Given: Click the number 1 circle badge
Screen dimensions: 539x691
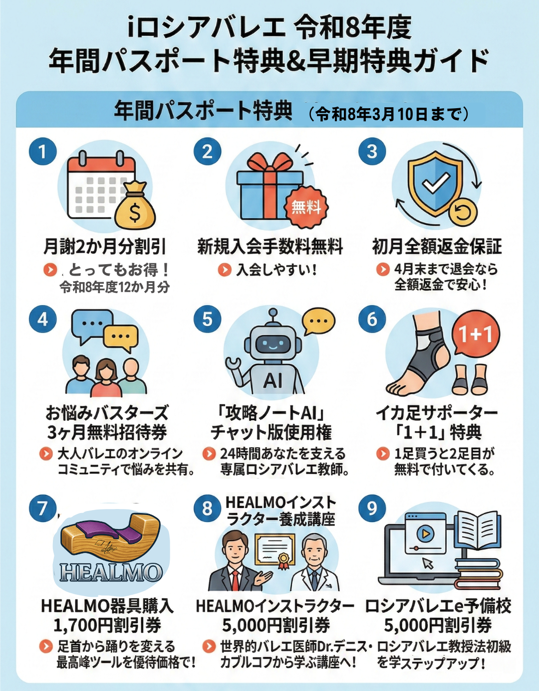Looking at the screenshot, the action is point(42,152).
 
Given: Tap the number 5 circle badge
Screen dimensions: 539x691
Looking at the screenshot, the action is point(208,319).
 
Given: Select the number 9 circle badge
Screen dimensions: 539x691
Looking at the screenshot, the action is point(372,508).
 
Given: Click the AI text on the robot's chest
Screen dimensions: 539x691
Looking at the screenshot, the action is point(272,380).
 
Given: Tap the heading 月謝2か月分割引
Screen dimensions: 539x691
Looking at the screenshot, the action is point(105,247).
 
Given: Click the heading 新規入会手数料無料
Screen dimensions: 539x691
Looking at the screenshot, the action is point(270,247).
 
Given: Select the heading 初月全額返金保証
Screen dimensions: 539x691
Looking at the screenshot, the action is point(437,247).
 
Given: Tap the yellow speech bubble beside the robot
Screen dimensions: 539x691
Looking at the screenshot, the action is point(318,323).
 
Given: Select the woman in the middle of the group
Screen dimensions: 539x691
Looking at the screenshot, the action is point(107,378).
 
